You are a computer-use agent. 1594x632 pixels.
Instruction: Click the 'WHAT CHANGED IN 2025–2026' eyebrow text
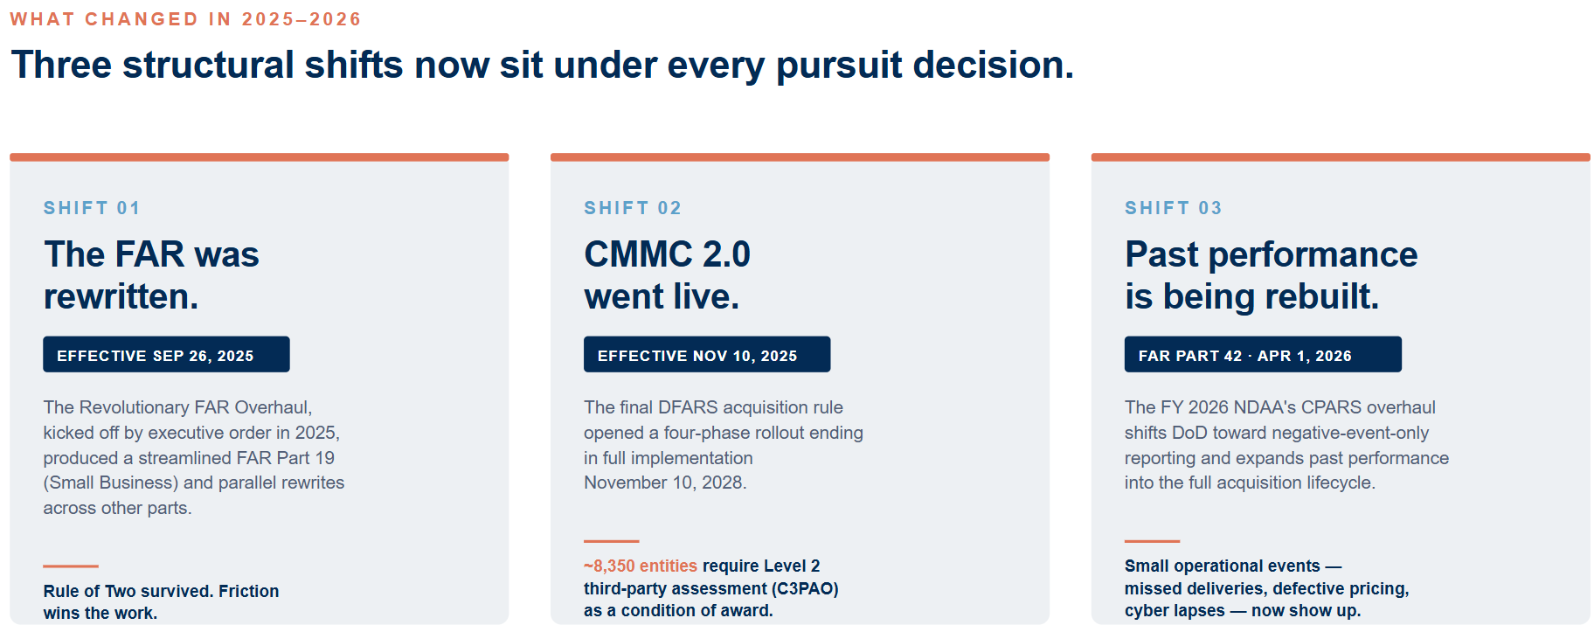pyautogui.click(x=185, y=19)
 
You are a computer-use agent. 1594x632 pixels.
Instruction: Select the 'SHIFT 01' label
pyautogui.click(x=92, y=208)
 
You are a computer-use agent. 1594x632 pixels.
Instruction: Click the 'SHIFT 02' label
pyautogui.click(x=633, y=208)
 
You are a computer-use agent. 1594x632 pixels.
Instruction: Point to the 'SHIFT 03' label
pyautogui.click(x=1174, y=208)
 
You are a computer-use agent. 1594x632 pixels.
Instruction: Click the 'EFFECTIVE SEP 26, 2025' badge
pyautogui.click(x=166, y=354)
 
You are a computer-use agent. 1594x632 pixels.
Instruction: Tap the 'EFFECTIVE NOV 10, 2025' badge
pyautogui.click(x=707, y=354)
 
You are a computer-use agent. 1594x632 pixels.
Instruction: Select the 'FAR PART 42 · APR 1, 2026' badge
pyautogui.click(x=1263, y=354)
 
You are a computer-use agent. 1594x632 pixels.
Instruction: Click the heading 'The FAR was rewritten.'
pyautogui.click(x=151, y=275)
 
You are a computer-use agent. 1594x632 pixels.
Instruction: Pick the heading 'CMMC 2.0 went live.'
pyautogui.click(x=667, y=275)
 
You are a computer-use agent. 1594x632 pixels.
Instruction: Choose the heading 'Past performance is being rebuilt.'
pyautogui.click(x=1271, y=275)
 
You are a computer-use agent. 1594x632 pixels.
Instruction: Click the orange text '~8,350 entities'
pyautogui.click(x=641, y=566)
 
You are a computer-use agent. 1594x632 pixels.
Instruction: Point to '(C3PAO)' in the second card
pyautogui.click(x=805, y=588)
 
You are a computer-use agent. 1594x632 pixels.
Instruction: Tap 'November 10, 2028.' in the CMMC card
pyautogui.click(x=665, y=483)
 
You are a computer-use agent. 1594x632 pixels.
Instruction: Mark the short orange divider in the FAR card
pyautogui.click(x=71, y=566)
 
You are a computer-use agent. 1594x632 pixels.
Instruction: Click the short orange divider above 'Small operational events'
pyautogui.click(x=1152, y=541)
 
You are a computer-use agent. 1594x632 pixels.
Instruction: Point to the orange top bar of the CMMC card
pyautogui.click(x=800, y=157)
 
